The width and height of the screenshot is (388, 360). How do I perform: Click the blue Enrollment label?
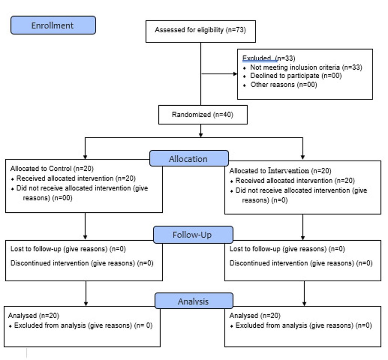[53, 25]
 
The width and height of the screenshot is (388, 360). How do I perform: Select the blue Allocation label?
[189, 158]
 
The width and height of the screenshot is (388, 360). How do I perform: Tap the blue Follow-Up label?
[193, 235]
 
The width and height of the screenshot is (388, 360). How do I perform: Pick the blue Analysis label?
[194, 301]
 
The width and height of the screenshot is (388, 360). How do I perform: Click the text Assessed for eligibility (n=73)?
[200, 30]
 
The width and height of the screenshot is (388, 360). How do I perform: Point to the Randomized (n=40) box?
[203, 115]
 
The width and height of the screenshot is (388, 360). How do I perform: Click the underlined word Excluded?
[257, 59]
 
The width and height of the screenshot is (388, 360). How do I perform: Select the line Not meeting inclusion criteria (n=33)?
[306, 67]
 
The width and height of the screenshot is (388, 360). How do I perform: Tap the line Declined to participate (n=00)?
[296, 76]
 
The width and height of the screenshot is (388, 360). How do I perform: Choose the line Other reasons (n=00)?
[284, 85]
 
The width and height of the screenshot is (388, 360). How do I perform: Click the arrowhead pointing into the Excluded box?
[235, 74]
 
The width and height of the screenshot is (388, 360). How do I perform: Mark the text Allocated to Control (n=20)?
[52, 169]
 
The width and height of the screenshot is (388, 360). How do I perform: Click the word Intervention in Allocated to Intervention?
[288, 171]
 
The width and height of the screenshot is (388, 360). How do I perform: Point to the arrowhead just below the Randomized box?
[201, 135]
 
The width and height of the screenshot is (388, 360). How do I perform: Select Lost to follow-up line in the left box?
[68, 249]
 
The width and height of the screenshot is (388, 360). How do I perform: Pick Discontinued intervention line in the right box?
[301, 263]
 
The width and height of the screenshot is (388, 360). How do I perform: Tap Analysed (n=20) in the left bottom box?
[34, 316]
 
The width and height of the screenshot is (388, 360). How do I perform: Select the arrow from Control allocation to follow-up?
[85, 226]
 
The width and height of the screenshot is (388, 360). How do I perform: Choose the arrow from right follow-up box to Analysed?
[304, 294]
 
